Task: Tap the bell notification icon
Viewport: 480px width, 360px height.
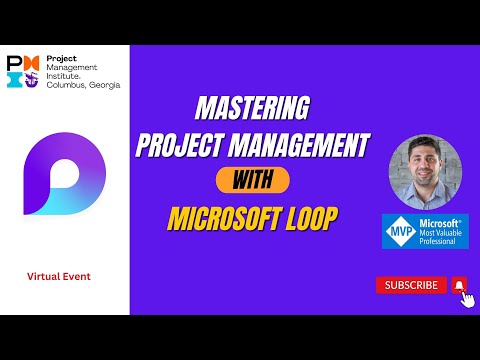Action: tap(459, 285)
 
